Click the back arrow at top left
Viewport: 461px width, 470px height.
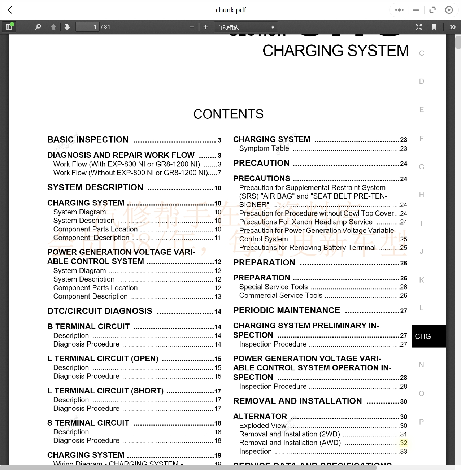tap(10, 10)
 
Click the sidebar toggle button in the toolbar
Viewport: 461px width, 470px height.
tap(9, 27)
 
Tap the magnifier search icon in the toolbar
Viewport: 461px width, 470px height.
tap(38, 27)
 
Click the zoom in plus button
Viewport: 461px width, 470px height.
tap(206, 27)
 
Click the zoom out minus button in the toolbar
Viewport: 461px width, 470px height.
tap(192, 27)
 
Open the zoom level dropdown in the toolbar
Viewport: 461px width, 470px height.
tap(245, 27)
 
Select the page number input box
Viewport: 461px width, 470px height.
tap(87, 27)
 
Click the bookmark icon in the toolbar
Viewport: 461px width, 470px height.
tap(434, 27)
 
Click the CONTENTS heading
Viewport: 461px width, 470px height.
tap(228, 114)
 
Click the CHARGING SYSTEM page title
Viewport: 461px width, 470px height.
tap(335, 51)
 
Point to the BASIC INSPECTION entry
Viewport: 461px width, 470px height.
tap(88, 140)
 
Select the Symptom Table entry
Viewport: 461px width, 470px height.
tap(264, 148)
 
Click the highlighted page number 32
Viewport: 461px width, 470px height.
tap(404, 443)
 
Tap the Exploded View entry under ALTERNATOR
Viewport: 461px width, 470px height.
tap(262, 426)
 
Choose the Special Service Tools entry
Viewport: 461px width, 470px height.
tap(273, 287)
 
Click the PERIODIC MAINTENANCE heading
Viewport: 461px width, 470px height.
tap(286, 310)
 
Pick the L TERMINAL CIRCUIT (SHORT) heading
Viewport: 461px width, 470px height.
tap(105, 391)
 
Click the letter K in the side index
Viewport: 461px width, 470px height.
tap(421, 280)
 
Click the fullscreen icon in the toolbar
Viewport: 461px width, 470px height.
tap(419, 27)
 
